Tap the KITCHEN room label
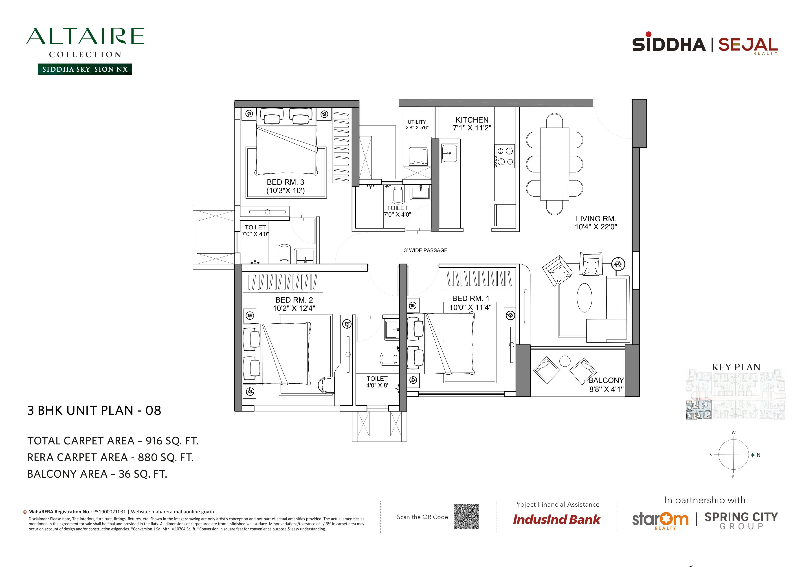(x=472, y=120)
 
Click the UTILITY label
(x=417, y=122)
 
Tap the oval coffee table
(x=584, y=297)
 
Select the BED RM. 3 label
(x=285, y=182)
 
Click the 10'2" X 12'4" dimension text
(x=294, y=308)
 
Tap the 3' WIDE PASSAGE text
(x=425, y=250)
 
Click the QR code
(x=466, y=516)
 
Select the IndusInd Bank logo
(x=556, y=519)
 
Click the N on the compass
(x=758, y=455)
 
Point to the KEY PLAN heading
(x=736, y=367)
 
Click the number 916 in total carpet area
(x=154, y=441)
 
